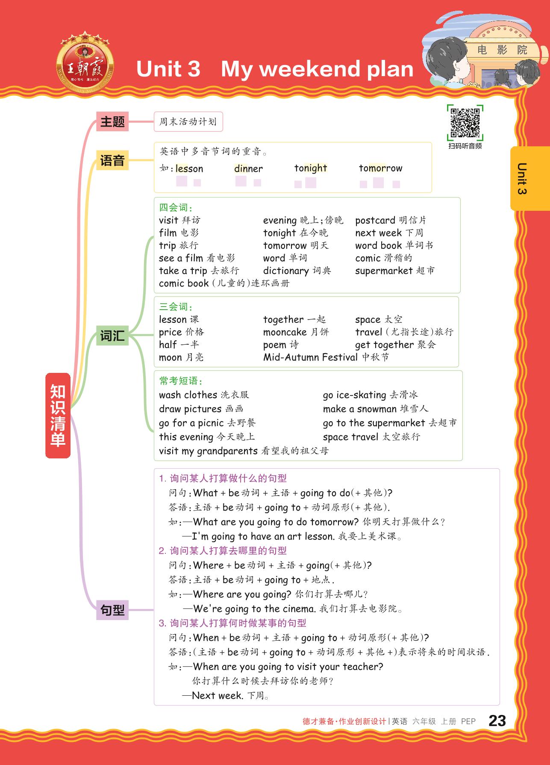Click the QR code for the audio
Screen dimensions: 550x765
(x=465, y=123)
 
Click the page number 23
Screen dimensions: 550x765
(x=497, y=721)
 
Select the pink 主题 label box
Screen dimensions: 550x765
(x=112, y=122)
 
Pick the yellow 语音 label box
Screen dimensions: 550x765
(x=112, y=161)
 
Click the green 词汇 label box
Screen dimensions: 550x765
(x=112, y=336)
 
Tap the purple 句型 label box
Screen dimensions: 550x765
(x=112, y=610)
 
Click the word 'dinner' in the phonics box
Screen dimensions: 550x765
(x=248, y=168)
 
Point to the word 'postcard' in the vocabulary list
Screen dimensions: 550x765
(x=375, y=220)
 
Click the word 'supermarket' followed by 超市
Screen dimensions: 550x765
(x=384, y=271)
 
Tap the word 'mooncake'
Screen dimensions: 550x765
(x=285, y=332)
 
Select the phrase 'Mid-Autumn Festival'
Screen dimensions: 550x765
(x=310, y=357)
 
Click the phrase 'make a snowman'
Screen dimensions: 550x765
(x=360, y=409)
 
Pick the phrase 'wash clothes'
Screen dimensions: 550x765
(x=188, y=395)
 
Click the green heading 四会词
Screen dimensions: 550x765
(x=175, y=208)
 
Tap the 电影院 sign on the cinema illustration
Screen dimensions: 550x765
(x=502, y=50)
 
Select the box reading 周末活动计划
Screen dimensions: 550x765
(x=188, y=122)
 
